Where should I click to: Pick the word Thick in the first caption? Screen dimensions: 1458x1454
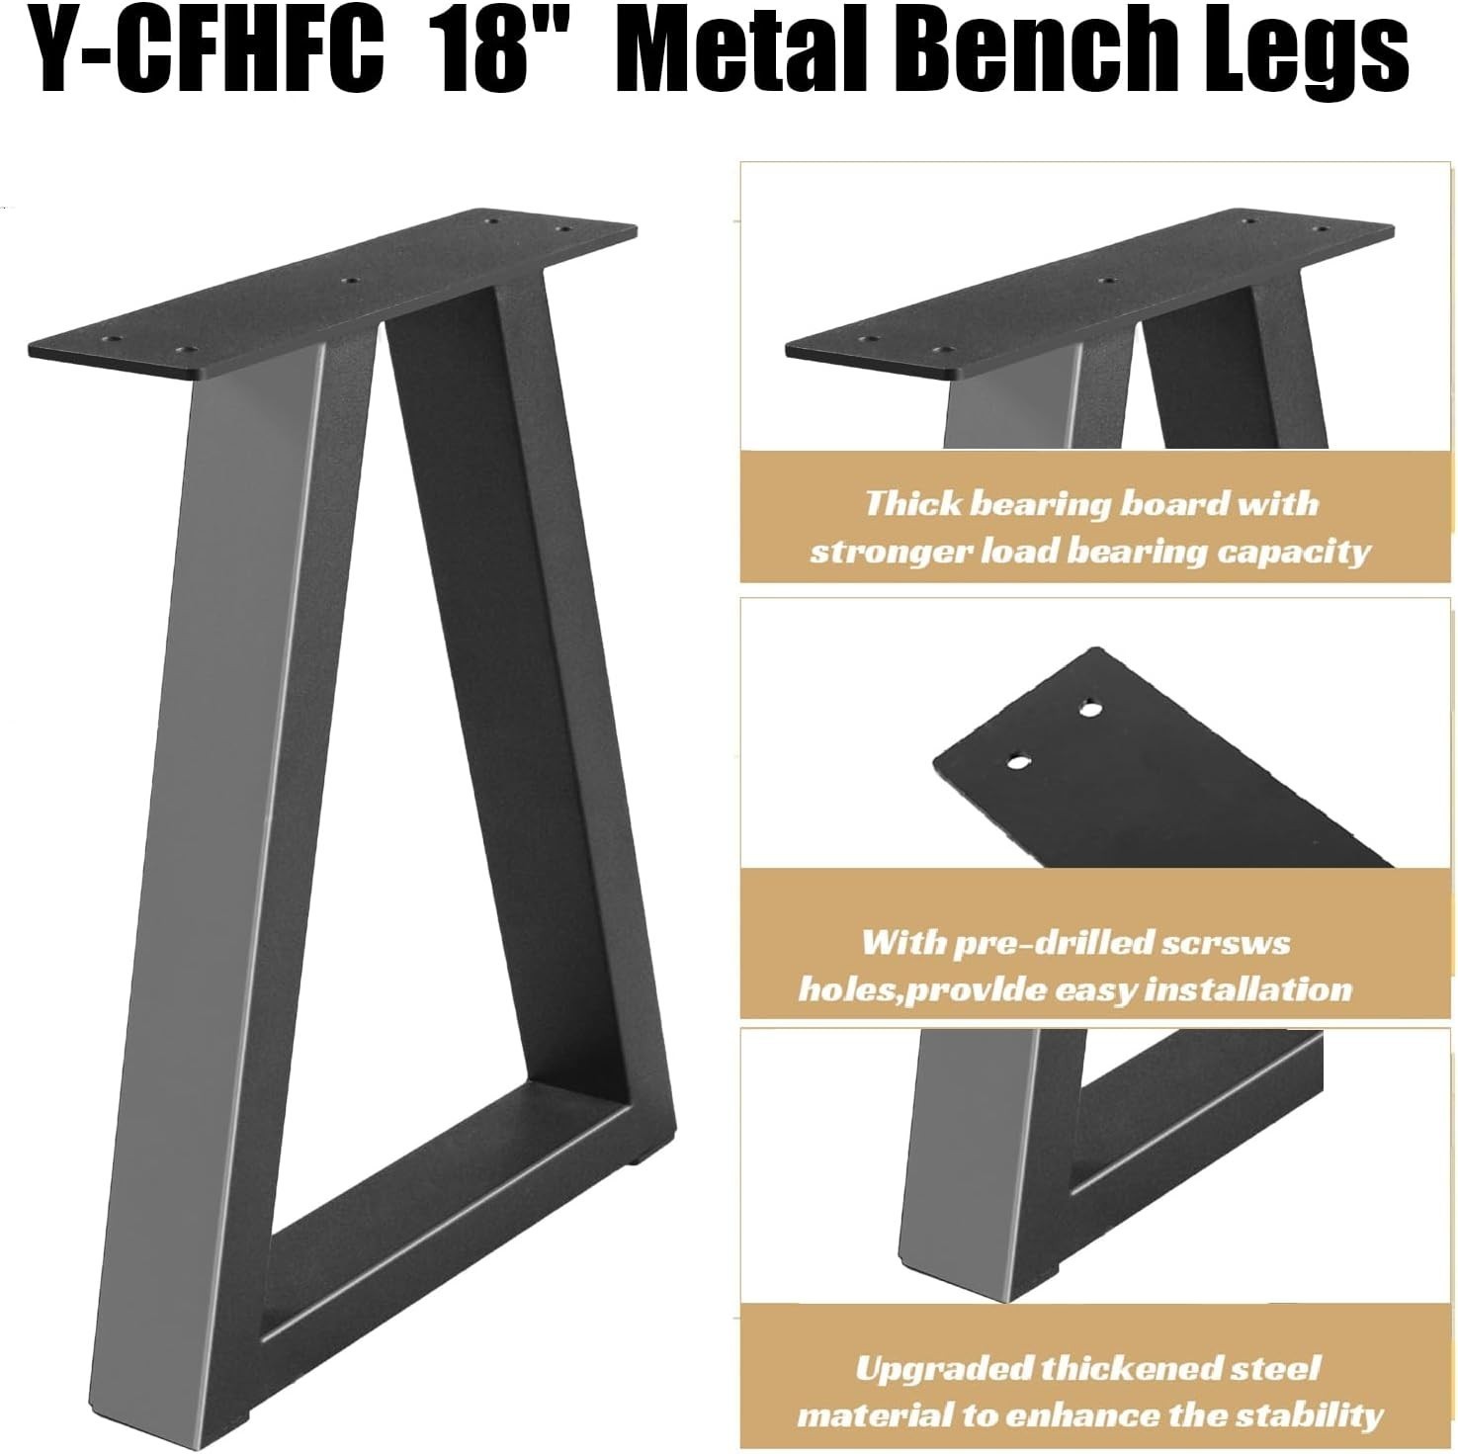tap(912, 503)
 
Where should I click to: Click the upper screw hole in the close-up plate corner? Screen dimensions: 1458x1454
tap(1090, 709)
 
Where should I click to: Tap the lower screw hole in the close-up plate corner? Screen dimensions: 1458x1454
tap(1018, 762)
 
